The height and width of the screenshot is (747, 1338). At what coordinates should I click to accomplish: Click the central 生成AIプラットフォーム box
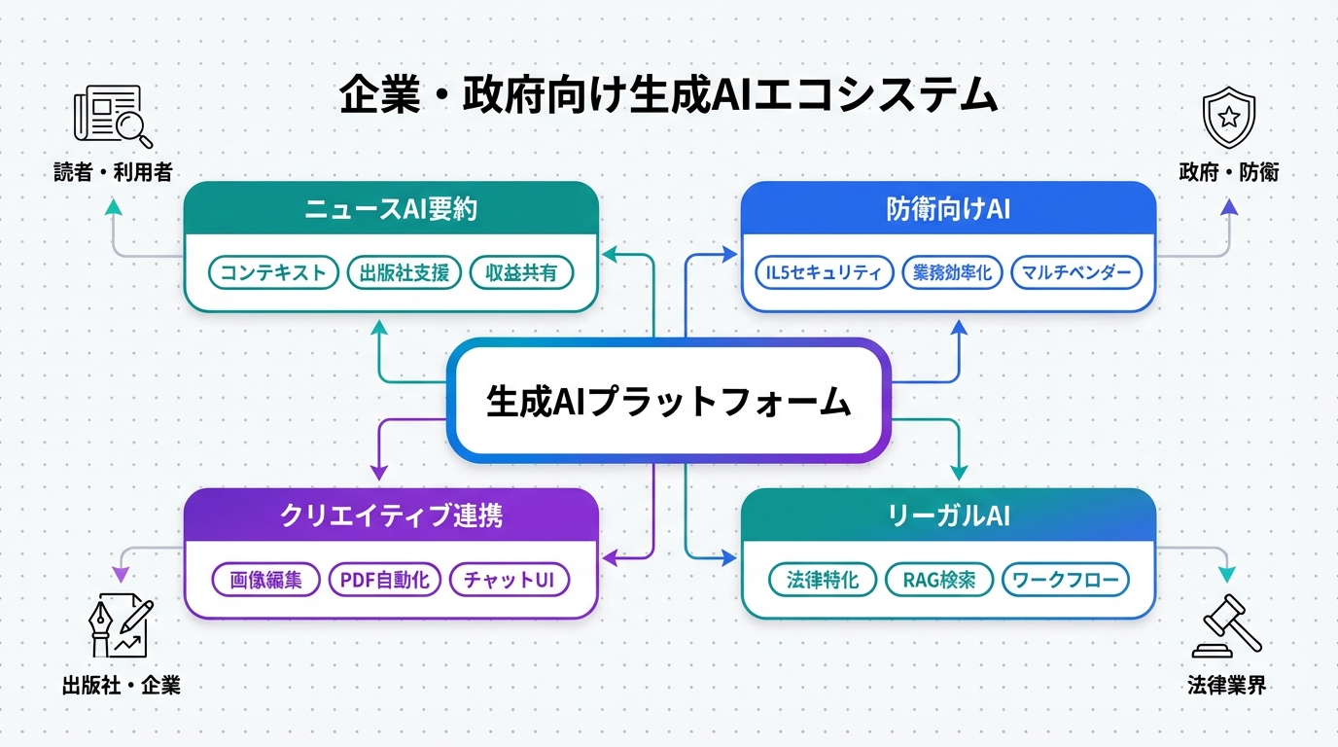pyautogui.click(x=669, y=401)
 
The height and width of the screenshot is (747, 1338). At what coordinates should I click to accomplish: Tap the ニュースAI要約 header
pyautogui.click(x=391, y=209)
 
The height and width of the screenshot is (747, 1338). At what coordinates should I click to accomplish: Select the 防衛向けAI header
pyautogui.click(x=948, y=209)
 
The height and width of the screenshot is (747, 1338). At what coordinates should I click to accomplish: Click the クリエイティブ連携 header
pyautogui.click(x=391, y=516)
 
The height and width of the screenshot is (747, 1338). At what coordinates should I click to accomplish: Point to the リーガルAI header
pyautogui.click(x=948, y=516)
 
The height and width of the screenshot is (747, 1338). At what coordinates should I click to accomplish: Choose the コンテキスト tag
pyautogui.click(x=273, y=272)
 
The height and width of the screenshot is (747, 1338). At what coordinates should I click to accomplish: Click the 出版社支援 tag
pyautogui.click(x=404, y=272)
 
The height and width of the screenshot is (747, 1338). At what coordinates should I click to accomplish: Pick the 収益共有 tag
pyautogui.click(x=521, y=272)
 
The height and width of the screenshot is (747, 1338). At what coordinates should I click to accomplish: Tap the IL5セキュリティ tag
pyautogui.click(x=824, y=272)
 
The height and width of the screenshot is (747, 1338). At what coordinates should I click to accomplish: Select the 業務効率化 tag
pyautogui.click(x=952, y=272)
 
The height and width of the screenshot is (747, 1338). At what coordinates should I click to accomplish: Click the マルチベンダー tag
pyautogui.click(x=1076, y=272)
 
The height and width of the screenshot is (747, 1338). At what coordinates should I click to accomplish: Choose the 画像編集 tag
pyautogui.click(x=266, y=580)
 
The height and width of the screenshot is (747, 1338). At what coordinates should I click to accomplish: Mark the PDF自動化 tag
pyautogui.click(x=385, y=580)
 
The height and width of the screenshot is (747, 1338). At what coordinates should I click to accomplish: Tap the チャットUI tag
pyautogui.click(x=509, y=580)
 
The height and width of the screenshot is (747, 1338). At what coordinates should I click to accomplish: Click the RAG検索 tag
pyautogui.click(x=939, y=580)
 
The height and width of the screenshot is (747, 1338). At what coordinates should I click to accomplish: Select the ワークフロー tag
pyautogui.click(x=1066, y=580)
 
